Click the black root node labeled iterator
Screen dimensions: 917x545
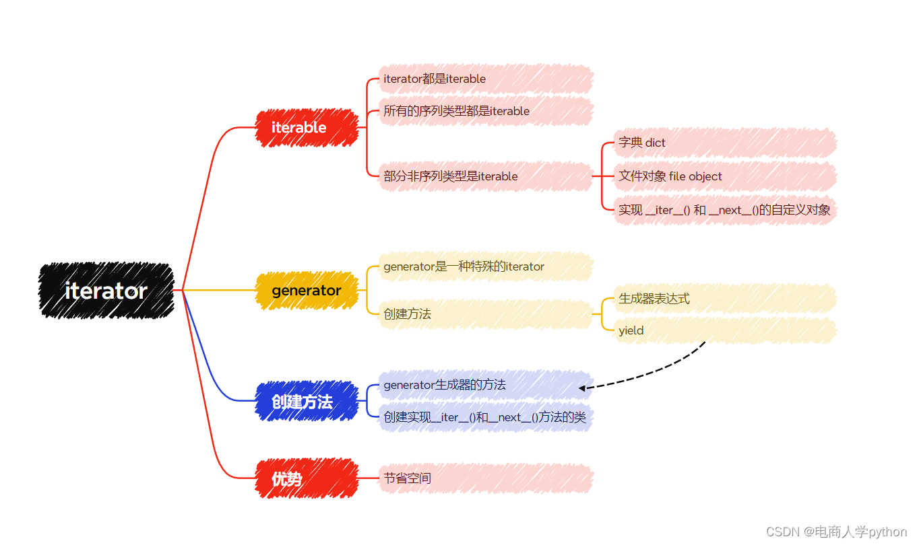[x=106, y=291]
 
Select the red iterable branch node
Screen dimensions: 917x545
[x=307, y=128]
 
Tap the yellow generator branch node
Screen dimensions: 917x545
[x=307, y=291]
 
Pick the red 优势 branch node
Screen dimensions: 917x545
[x=307, y=478]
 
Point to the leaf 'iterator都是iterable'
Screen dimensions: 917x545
[x=486, y=79]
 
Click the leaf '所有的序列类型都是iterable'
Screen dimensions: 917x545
[x=486, y=111]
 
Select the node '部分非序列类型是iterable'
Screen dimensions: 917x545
[x=486, y=177]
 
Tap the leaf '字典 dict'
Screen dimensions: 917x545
[x=725, y=143]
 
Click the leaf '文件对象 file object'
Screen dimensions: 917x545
[x=725, y=177]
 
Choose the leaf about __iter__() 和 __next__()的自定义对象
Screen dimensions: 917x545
[x=725, y=210]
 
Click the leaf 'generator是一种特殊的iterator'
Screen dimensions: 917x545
[x=486, y=267]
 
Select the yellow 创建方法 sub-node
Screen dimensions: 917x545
[x=486, y=314]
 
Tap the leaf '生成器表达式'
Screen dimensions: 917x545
[x=725, y=299]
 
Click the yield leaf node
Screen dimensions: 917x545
[x=725, y=330]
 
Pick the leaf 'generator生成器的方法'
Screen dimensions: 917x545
[x=486, y=385]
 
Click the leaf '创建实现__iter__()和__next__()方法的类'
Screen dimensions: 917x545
[x=486, y=417]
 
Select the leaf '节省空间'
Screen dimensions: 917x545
[x=486, y=478]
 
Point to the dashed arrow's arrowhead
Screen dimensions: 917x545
[x=581, y=388]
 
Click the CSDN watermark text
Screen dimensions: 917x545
[x=836, y=532]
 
